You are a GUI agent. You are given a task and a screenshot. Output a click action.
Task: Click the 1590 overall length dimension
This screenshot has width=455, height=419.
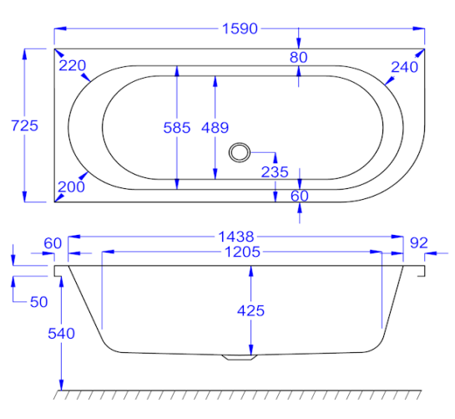coord(240,28)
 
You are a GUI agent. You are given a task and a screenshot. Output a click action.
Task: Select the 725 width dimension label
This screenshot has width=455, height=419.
coord(25,126)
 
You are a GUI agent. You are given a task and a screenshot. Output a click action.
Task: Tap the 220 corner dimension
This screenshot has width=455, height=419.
coord(73,65)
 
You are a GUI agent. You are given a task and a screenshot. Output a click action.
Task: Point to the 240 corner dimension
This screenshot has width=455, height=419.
coord(405,67)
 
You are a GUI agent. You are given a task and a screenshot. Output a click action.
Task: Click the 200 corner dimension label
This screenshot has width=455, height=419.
coord(71,187)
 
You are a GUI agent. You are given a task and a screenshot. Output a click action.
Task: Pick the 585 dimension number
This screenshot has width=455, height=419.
coord(177,128)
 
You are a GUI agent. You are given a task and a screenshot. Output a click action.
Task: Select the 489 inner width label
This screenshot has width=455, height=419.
coord(215,128)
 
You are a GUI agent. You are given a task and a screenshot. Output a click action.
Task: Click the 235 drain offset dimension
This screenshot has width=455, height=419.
coord(275,172)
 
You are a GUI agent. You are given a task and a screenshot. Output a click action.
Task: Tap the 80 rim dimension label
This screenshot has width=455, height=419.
coord(299,57)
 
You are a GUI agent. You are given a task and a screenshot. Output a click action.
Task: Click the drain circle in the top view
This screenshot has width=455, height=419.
coord(240,152)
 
